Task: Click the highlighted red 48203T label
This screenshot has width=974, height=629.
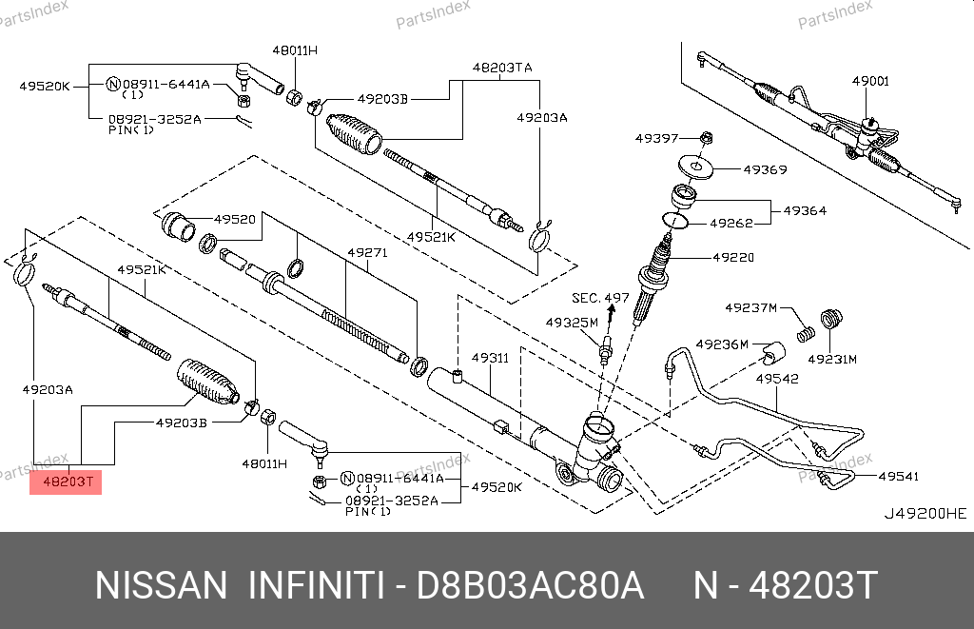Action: click(66, 482)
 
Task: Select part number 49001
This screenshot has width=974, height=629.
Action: click(870, 82)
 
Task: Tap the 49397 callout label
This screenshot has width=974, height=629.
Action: click(657, 139)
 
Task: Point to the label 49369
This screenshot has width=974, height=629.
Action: click(765, 170)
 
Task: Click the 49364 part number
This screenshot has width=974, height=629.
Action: click(805, 210)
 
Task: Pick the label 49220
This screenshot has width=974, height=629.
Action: click(733, 257)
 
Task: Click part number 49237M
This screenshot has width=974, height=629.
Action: click(751, 308)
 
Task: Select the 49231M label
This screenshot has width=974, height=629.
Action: click(832, 359)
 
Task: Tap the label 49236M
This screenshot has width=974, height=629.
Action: click(722, 344)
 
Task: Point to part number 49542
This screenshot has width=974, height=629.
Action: click(777, 379)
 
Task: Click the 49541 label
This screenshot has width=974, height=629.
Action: click(899, 476)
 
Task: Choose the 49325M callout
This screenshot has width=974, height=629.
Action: click(572, 323)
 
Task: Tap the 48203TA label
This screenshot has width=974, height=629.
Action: click(502, 68)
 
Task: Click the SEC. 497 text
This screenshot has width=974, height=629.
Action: click(600, 298)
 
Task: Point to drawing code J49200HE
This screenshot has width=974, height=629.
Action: click(925, 513)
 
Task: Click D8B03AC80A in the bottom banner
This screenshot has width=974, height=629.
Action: click(531, 585)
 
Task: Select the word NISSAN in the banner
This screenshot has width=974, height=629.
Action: click(161, 585)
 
